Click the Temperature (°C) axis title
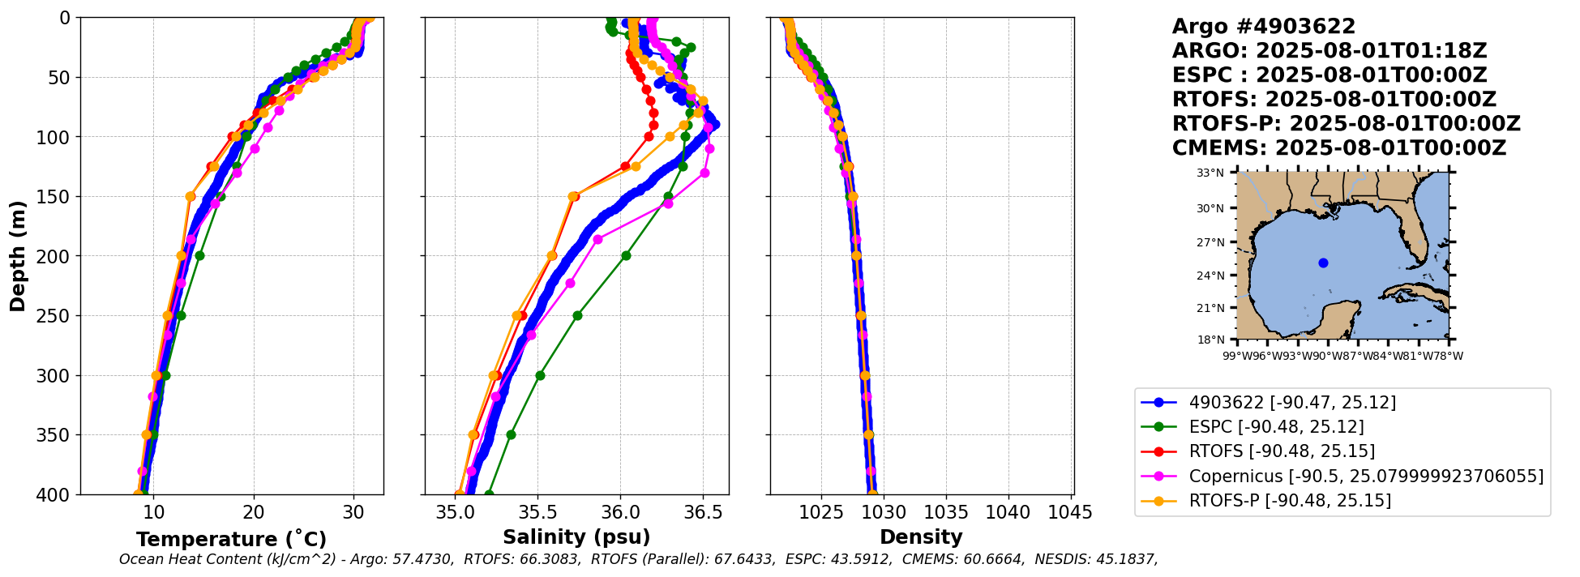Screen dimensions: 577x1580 231,539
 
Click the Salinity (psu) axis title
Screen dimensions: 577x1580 576,537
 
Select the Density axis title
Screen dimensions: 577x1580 921,537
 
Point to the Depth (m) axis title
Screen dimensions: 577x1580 18,255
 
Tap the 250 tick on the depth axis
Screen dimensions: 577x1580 56,316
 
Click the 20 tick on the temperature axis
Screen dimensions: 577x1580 254,512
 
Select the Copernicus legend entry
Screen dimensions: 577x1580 1365,476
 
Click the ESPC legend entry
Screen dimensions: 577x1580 1276,427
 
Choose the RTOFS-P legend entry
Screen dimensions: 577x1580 1289,500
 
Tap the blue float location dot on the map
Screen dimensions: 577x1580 1323,263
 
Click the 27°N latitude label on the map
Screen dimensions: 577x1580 1210,242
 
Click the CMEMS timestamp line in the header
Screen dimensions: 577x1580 1338,148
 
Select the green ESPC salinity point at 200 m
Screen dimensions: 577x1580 626,255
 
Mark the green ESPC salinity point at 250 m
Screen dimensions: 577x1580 577,315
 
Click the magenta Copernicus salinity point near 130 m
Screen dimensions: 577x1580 704,173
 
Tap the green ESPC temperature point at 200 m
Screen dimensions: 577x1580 199,255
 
